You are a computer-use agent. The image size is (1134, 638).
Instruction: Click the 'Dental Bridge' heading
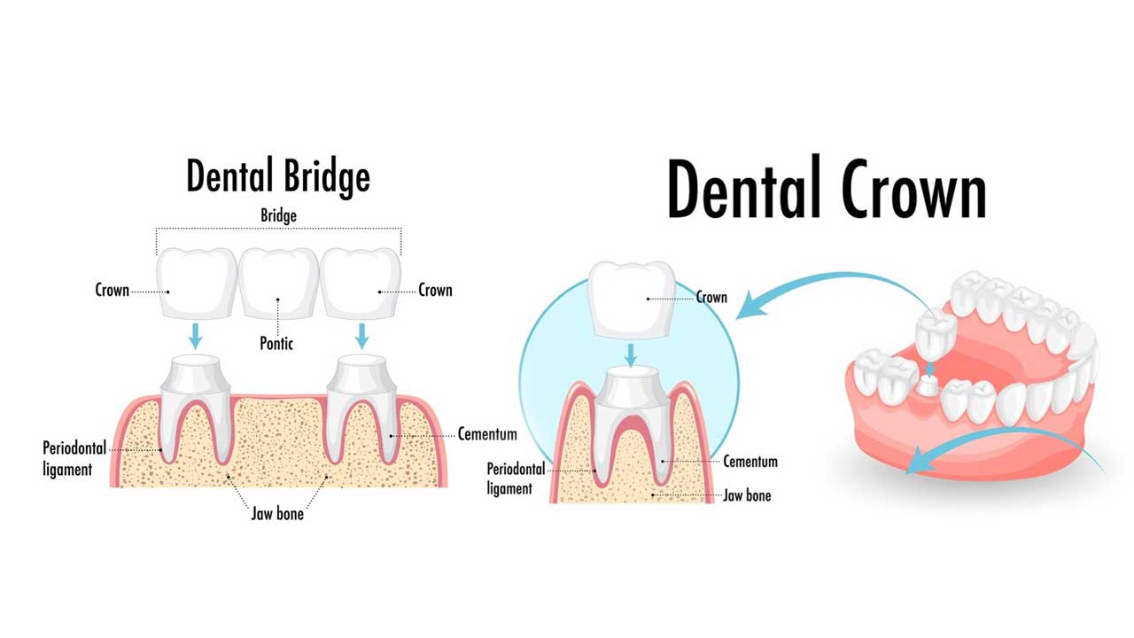(277, 175)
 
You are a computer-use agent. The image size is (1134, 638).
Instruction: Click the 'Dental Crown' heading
(826, 189)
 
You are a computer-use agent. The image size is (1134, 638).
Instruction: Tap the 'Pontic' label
(276, 342)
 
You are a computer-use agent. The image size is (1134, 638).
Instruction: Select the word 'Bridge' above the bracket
(278, 215)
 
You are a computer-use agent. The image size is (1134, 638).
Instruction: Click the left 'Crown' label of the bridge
(113, 290)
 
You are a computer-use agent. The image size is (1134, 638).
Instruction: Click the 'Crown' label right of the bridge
(435, 290)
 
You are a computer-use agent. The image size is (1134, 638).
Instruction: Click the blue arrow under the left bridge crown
(196, 336)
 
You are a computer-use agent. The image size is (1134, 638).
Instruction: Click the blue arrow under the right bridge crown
(361, 336)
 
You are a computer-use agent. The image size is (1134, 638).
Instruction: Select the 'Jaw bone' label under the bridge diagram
(276, 513)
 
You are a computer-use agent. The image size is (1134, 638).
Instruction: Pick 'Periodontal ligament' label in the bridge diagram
(67, 458)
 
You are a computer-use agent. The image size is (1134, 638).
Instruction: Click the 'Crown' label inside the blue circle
(711, 297)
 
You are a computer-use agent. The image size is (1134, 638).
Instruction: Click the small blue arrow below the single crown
(630, 354)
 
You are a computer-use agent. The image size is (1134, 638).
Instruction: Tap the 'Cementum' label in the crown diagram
(750, 462)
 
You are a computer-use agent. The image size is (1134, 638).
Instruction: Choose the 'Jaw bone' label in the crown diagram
(747, 495)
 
